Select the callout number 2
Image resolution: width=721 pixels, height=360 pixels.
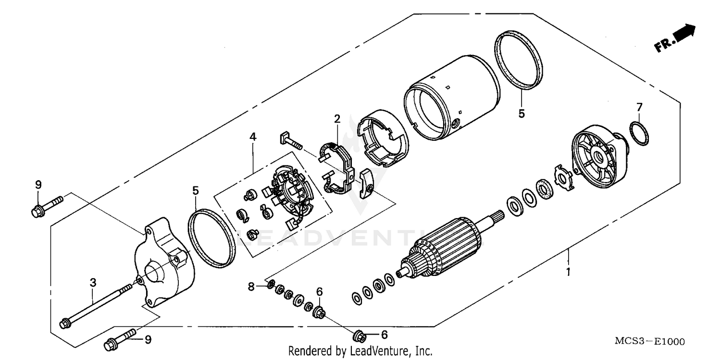(x=337, y=118)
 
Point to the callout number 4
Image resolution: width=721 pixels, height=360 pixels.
(x=253, y=137)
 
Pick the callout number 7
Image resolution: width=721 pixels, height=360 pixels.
(x=639, y=106)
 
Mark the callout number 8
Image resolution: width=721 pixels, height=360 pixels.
(x=251, y=287)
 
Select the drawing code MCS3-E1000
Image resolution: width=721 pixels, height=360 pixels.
(x=649, y=342)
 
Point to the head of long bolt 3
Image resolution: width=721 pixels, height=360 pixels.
(x=63, y=324)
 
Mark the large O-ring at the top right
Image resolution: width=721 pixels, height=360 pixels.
(x=518, y=60)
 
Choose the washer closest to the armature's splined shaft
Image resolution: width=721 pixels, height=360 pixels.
(x=511, y=206)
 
